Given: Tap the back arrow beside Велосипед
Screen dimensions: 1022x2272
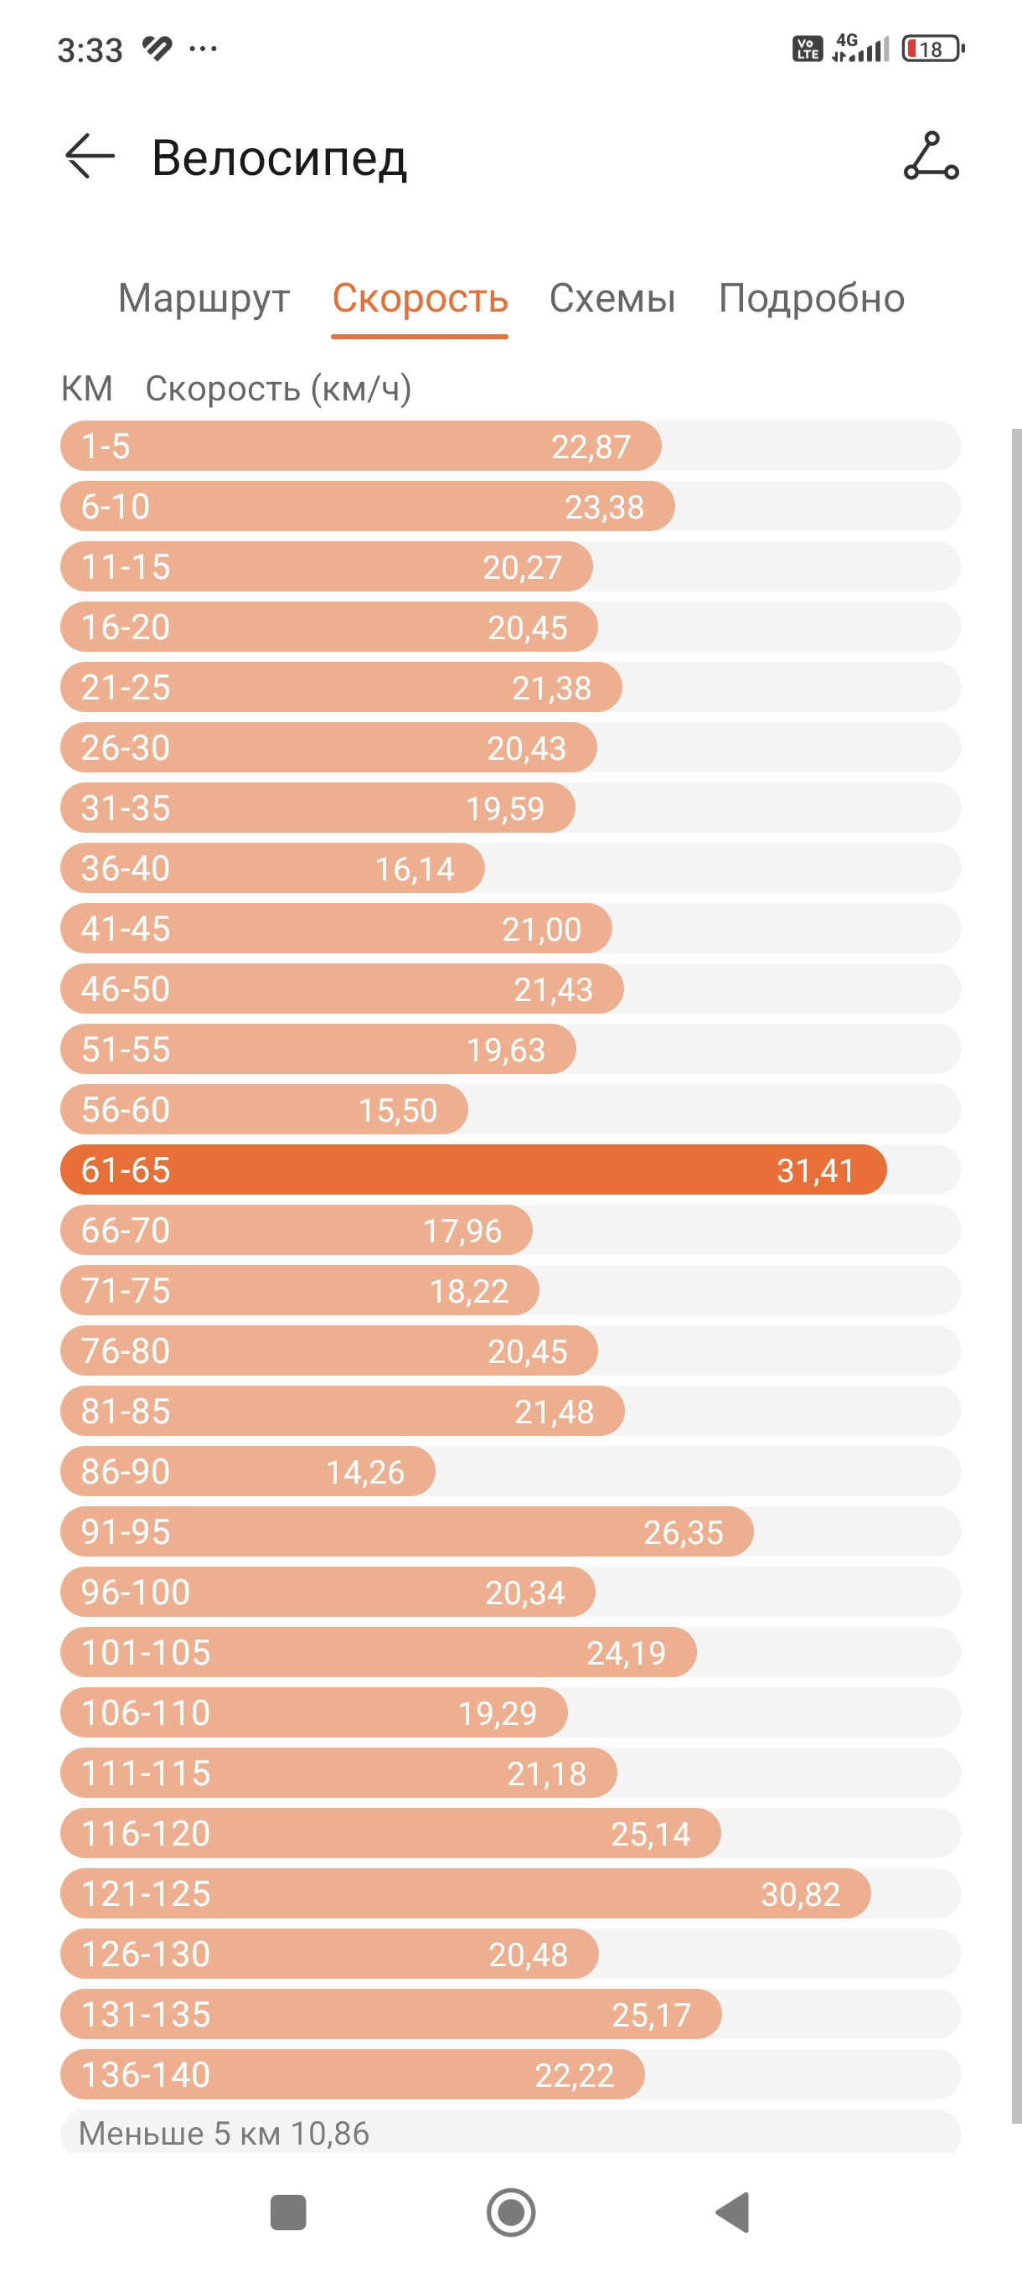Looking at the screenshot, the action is (90, 157).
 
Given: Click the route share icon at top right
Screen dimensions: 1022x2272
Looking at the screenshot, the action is (932, 156).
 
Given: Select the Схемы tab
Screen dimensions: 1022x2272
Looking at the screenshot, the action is (612, 299).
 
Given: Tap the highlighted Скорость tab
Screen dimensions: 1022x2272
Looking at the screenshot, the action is (420, 299).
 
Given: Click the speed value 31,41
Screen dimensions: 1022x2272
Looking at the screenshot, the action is (815, 1170).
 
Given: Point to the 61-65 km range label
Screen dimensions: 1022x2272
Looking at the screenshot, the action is (125, 1170).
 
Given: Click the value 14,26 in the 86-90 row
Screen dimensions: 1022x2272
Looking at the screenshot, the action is (365, 1472).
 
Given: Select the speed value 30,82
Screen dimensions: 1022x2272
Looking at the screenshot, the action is (800, 1894).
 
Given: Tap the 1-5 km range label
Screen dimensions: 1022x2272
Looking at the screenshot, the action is (106, 447).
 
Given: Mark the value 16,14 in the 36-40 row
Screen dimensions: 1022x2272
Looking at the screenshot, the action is (415, 870).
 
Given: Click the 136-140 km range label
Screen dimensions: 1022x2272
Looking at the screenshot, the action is (146, 2075).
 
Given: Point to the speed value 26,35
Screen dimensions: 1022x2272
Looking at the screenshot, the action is (684, 1533).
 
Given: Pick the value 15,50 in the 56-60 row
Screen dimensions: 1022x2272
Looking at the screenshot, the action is (398, 1110).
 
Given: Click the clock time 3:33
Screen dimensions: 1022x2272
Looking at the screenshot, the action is (90, 50).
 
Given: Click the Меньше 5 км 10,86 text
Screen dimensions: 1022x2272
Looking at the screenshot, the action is (224, 2134).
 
